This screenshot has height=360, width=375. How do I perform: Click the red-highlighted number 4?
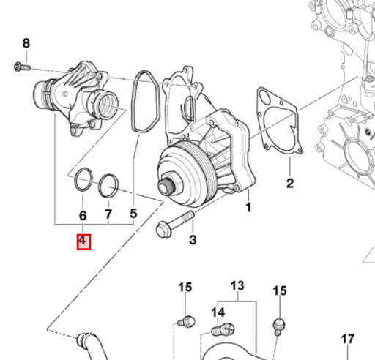click(x=83, y=241)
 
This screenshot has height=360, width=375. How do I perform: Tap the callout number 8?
click(x=26, y=43)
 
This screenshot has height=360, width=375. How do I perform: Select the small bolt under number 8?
click(x=22, y=67)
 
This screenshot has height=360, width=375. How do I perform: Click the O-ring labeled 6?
click(x=83, y=179)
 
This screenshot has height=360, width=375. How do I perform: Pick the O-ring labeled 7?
click(x=108, y=186)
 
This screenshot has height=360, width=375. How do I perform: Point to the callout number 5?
click(x=133, y=214)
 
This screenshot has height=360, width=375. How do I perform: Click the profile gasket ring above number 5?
click(x=146, y=102)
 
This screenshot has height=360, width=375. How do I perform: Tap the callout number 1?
click(x=248, y=208)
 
